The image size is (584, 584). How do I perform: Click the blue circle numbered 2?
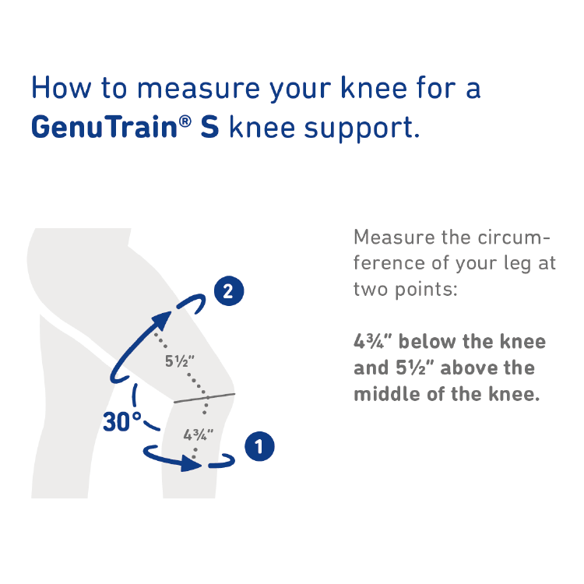coord(229,291)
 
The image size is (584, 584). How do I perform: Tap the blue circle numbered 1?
coord(259,446)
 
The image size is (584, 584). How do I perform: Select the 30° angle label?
coord(121,422)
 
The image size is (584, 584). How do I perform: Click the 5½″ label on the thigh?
coord(180,361)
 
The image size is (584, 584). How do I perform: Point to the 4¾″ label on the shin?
coord(198,434)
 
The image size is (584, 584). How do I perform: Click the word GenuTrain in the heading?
coord(104,127)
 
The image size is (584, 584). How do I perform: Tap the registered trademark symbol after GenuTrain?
coord(185,121)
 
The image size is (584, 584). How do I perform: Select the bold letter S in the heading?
coord(209,127)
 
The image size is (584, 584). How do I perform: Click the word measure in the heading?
coord(199,90)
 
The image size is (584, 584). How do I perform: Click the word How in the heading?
coord(61,88)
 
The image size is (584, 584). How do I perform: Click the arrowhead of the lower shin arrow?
coord(191,463)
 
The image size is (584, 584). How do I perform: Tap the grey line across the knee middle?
coord(205,398)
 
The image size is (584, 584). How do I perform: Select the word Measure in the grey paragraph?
coord(395,237)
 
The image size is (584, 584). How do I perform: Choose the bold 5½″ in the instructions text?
coord(415,368)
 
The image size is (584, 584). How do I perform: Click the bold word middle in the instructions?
coord(387,394)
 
